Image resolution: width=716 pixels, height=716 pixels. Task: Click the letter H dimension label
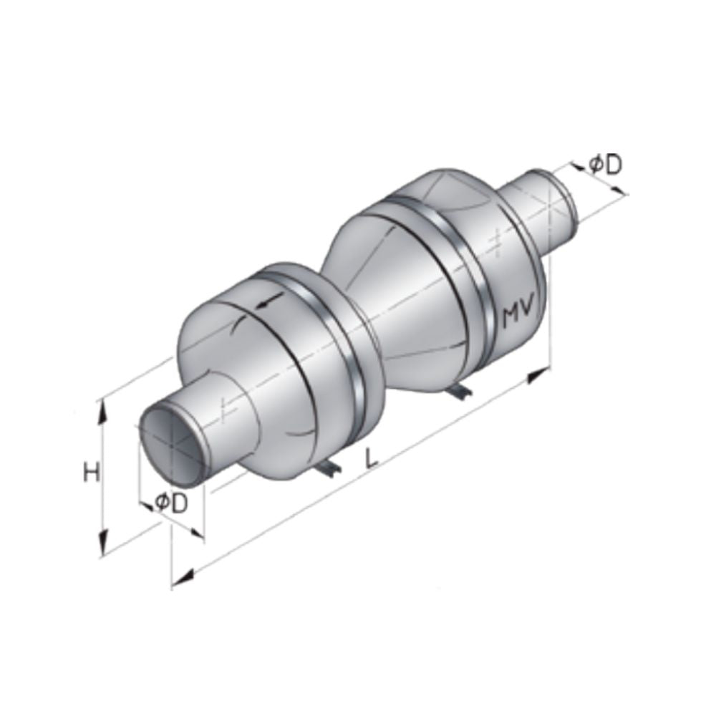click(91, 473)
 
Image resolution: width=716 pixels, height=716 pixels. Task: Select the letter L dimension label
click(371, 458)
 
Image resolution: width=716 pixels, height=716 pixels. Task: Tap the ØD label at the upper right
click(605, 165)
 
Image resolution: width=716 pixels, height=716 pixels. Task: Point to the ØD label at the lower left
click(171, 503)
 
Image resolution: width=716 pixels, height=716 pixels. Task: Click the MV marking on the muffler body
click(521, 316)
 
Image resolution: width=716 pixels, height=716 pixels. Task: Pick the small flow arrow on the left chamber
click(267, 304)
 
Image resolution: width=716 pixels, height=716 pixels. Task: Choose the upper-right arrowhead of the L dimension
click(538, 374)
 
